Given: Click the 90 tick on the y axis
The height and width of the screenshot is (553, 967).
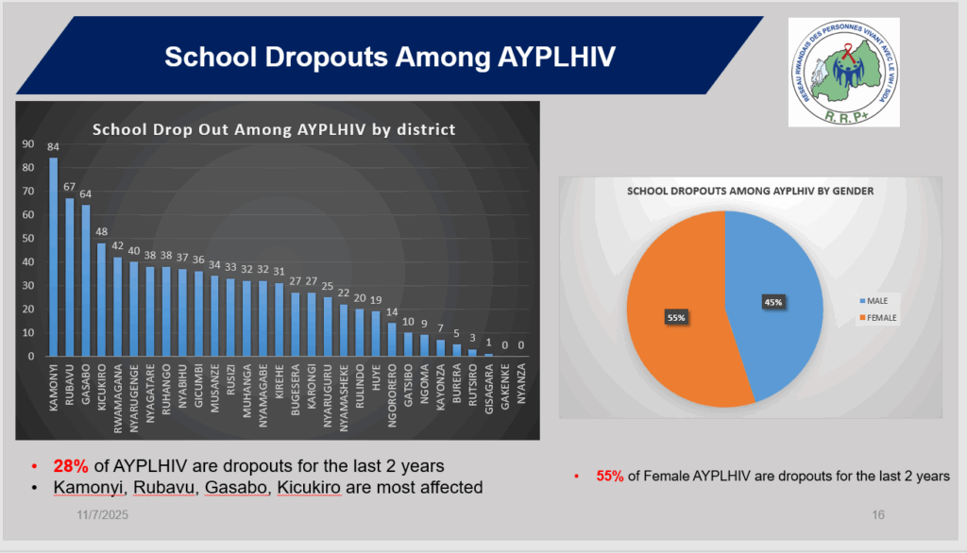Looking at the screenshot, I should (x=28, y=144).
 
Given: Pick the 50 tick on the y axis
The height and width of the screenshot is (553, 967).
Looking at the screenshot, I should (x=28, y=239).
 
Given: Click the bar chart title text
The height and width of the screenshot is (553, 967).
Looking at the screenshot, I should (x=272, y=128).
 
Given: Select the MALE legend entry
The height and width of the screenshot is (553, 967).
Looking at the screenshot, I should (x=877, y=300).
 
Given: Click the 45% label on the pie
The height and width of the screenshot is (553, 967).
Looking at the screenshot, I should (x=772, y=301).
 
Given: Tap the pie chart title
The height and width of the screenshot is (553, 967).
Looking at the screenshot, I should (x=750, y=191).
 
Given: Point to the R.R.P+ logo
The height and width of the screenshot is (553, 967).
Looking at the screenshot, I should (x=843, y=72).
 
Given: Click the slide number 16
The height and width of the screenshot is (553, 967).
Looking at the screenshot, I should (x=878, y=516).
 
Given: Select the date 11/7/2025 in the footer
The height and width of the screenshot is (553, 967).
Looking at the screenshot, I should (x=103, y=516).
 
